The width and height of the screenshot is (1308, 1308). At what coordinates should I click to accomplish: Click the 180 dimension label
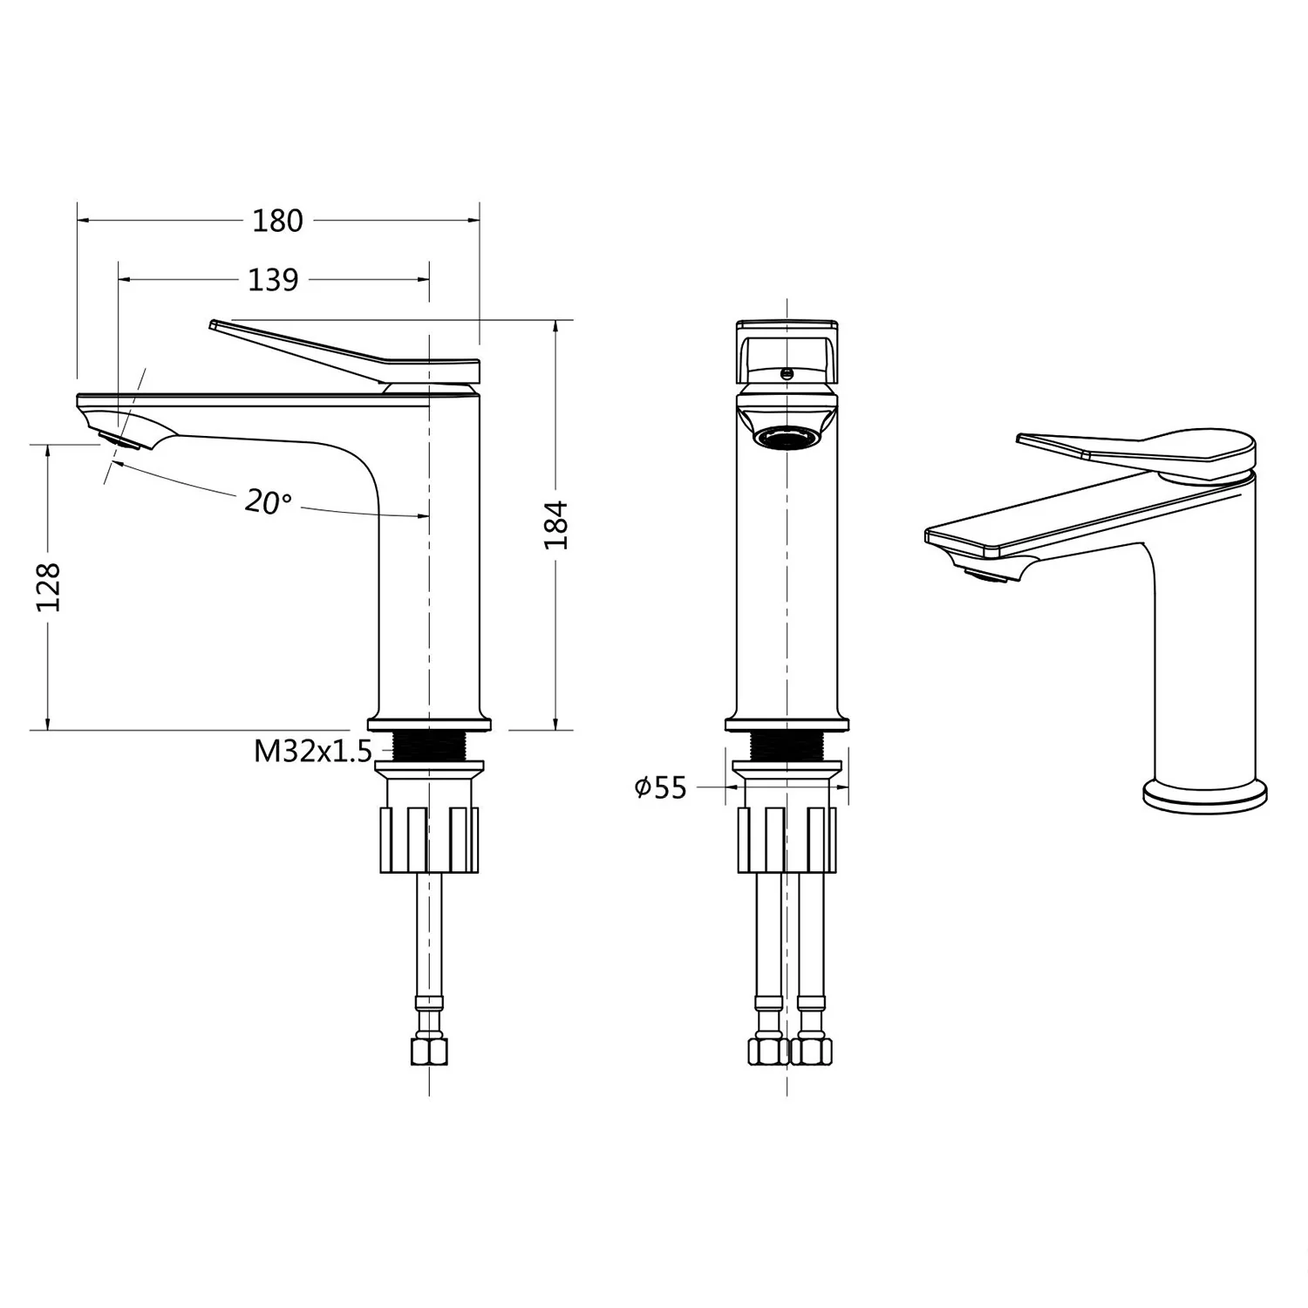277,221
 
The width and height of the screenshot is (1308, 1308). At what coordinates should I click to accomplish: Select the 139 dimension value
273,280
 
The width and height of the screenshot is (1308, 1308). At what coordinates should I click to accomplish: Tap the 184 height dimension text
556,524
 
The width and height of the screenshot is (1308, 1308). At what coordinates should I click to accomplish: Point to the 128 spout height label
49,586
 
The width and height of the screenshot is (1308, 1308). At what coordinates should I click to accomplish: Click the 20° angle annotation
268,502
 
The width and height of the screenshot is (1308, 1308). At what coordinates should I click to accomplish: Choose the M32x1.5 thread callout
312,750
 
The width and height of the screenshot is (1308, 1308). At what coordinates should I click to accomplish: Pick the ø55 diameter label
660,787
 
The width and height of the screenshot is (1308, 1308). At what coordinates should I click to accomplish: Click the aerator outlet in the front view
787,436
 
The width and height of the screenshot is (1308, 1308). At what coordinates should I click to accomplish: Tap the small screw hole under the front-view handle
787,374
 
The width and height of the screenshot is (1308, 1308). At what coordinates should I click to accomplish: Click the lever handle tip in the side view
215,325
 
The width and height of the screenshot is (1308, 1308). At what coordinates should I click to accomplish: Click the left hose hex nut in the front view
767,1050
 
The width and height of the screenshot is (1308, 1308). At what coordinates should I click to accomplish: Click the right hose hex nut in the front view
811,1050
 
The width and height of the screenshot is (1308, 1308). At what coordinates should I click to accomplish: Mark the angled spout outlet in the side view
119,439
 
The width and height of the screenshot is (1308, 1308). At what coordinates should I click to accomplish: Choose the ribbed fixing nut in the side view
429,839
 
